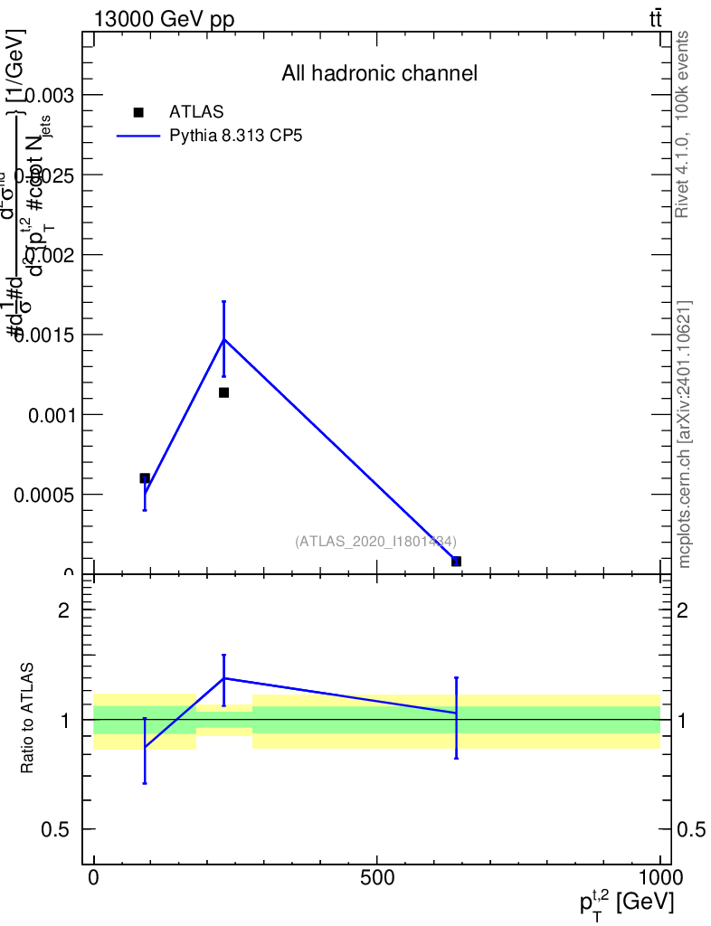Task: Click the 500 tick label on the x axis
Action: pos(376,877)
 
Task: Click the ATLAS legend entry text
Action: pos(196,112)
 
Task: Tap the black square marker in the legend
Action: pos(138,112)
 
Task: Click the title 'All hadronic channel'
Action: pos(379,73)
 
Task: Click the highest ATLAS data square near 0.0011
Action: pos(223,392)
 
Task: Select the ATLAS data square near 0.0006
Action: pos(145,477)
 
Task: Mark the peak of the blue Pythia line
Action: pos(223,339)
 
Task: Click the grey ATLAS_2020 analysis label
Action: pos(374,541)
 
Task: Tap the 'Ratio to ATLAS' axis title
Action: pos(27,719)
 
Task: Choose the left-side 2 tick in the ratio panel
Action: pos(64,610)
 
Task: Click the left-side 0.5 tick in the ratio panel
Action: pos(57,829)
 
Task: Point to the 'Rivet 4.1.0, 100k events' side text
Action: pos(683,124)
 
